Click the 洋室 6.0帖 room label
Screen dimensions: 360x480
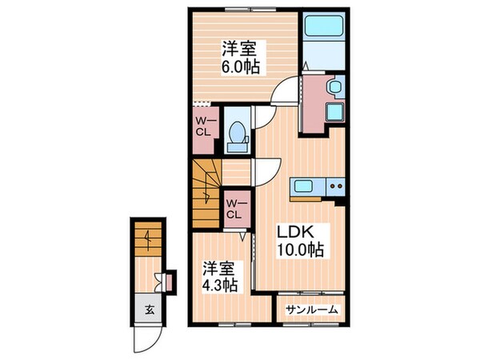pos(239,56)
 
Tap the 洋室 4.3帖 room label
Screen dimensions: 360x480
pos(218,276)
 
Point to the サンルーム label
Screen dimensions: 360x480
pos(311,309)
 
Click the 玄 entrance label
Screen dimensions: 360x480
pos(150,310)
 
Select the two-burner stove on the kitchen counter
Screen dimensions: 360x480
pos(334,188)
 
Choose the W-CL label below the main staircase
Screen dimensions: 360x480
pos(235,207)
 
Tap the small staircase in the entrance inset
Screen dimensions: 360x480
pos(146,238)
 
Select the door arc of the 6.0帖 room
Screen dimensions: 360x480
pos(282,96)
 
